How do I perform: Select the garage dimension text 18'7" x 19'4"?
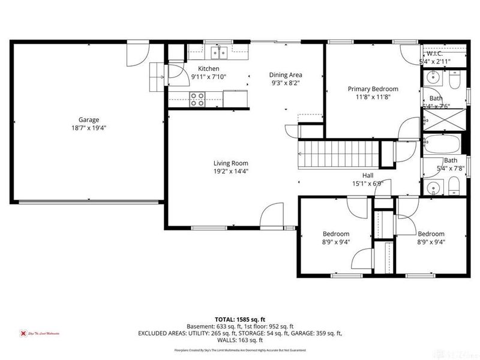coord(88,128)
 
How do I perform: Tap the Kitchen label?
coord(202,69)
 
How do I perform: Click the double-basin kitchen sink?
coord(219,53)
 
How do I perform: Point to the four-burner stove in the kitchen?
coord(197,99)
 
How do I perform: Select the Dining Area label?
coord(285,75)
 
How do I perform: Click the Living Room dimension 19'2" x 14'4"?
coord(231,171)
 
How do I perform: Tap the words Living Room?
coord(231,163)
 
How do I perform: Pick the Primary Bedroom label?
coord(373,89)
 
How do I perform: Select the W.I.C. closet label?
coord(434,53)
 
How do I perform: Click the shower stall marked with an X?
coord(445,119)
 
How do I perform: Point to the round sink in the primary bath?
coord(431,78)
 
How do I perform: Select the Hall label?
coord(367,175)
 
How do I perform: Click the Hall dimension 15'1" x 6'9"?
coord(367,184)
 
